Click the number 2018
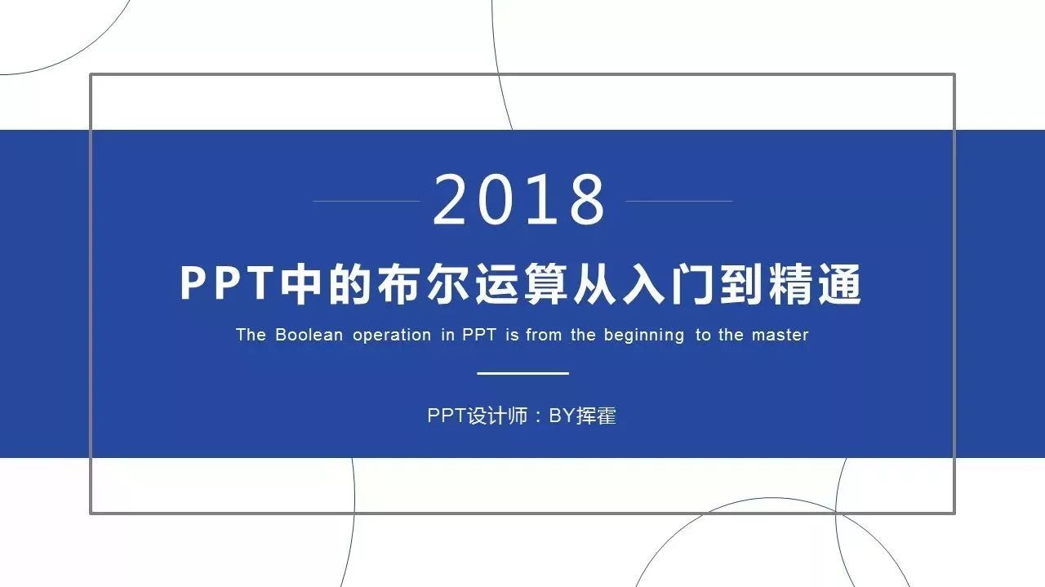click(518, 199)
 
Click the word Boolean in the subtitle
click(309, 335)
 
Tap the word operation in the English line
click(392, 336)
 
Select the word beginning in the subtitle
click(644, 336)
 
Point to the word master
click(780, 335)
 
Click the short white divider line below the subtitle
click(523, 373)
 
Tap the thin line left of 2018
click(367, 201)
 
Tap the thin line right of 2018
click(678, 201)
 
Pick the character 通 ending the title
click(839, 283)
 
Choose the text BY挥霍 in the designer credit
click(582, 416)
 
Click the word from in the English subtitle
click(544, 335)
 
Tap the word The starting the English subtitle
click(251, 335)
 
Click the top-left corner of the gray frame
click(91, 74)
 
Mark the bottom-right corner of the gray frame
click(954, 514)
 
